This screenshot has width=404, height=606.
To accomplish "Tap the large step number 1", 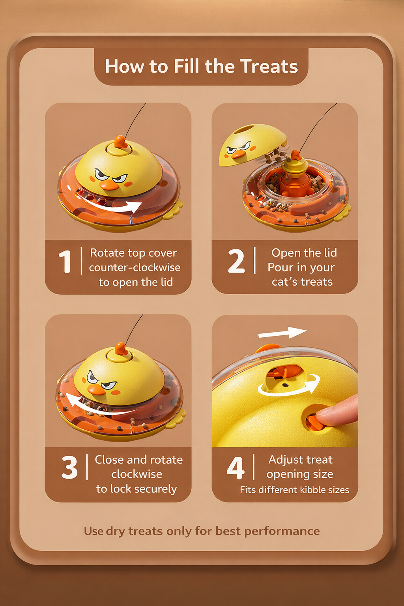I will click(x=65, y=262).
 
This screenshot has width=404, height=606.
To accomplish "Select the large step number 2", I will click(x=236, y=262).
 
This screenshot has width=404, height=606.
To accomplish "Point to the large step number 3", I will click(x=69, y=468).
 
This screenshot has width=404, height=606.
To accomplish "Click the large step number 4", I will click(x=236, y=468).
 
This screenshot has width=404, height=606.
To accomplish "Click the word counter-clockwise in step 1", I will click(x=135, y=267).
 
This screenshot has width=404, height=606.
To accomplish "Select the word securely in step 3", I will click(x=155, y=489).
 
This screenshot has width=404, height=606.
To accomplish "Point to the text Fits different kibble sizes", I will click(x=294, y=490).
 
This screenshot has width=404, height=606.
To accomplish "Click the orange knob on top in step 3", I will click(x=120, y=350).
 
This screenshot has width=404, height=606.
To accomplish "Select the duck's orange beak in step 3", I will click(x=95, y=390).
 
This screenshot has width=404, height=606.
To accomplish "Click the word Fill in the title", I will click(x=186, y=66).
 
